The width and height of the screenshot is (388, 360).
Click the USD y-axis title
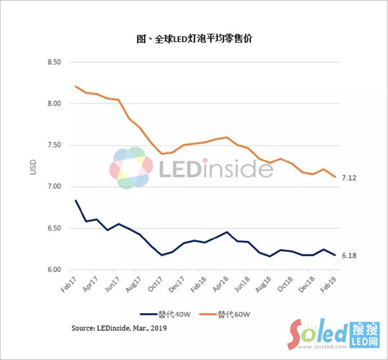[x=33, y=166]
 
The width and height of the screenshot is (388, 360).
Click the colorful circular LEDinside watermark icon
[x=129, y=168]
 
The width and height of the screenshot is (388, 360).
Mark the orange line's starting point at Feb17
[x=76, y=86]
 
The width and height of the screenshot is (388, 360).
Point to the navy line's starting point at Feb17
[x=76, y=200]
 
